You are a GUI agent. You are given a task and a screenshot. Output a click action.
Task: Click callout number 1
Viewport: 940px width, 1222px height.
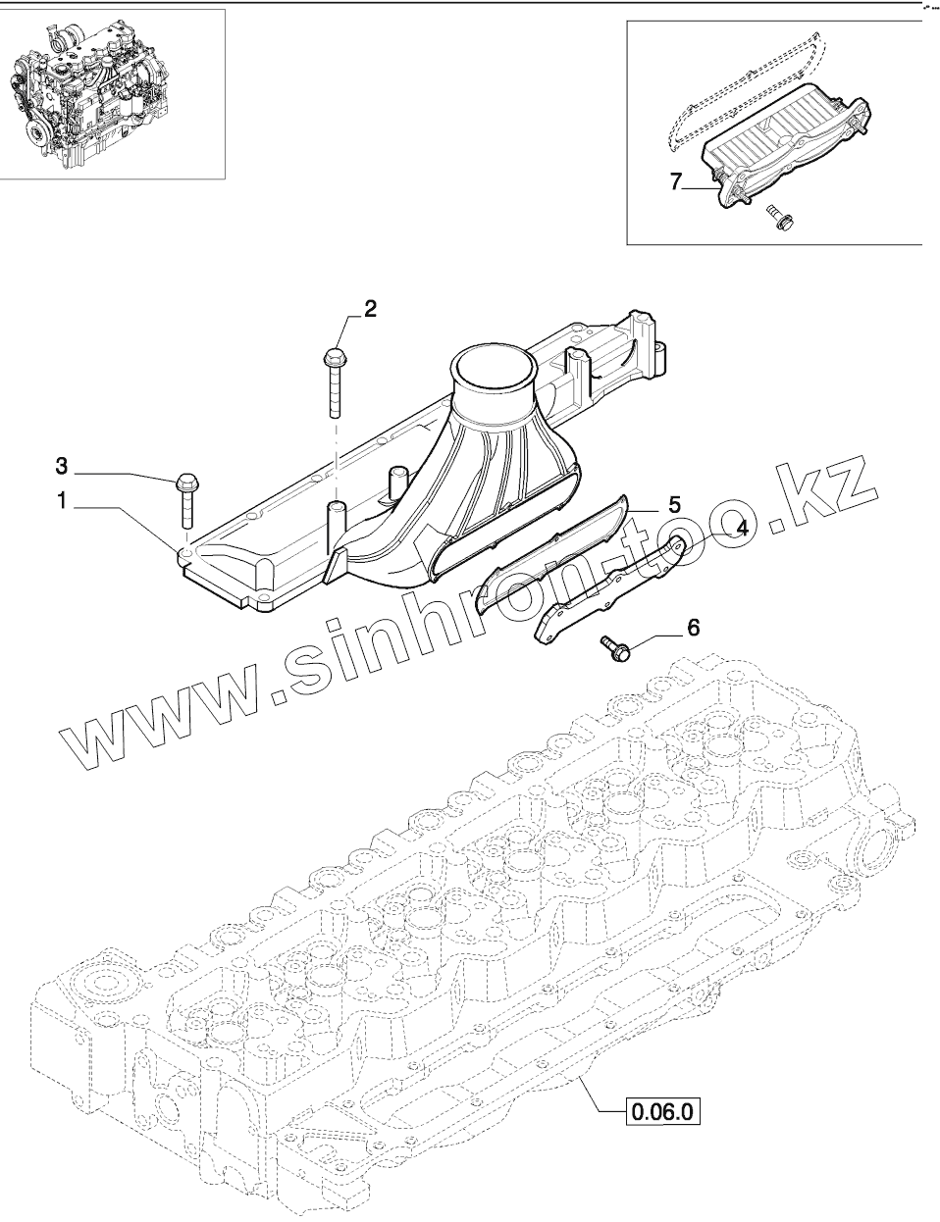coord(61,502)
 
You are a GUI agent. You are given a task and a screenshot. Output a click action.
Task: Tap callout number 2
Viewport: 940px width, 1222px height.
coord(370,309)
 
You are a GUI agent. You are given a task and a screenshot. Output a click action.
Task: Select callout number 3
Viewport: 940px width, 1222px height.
coord(61,463)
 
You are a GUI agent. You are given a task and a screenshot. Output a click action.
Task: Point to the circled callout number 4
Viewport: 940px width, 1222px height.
coord(742,528)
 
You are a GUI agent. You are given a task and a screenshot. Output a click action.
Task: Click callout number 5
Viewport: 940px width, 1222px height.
coord(674,504)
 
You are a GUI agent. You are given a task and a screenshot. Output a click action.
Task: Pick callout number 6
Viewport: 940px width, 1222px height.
coord(694,627)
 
